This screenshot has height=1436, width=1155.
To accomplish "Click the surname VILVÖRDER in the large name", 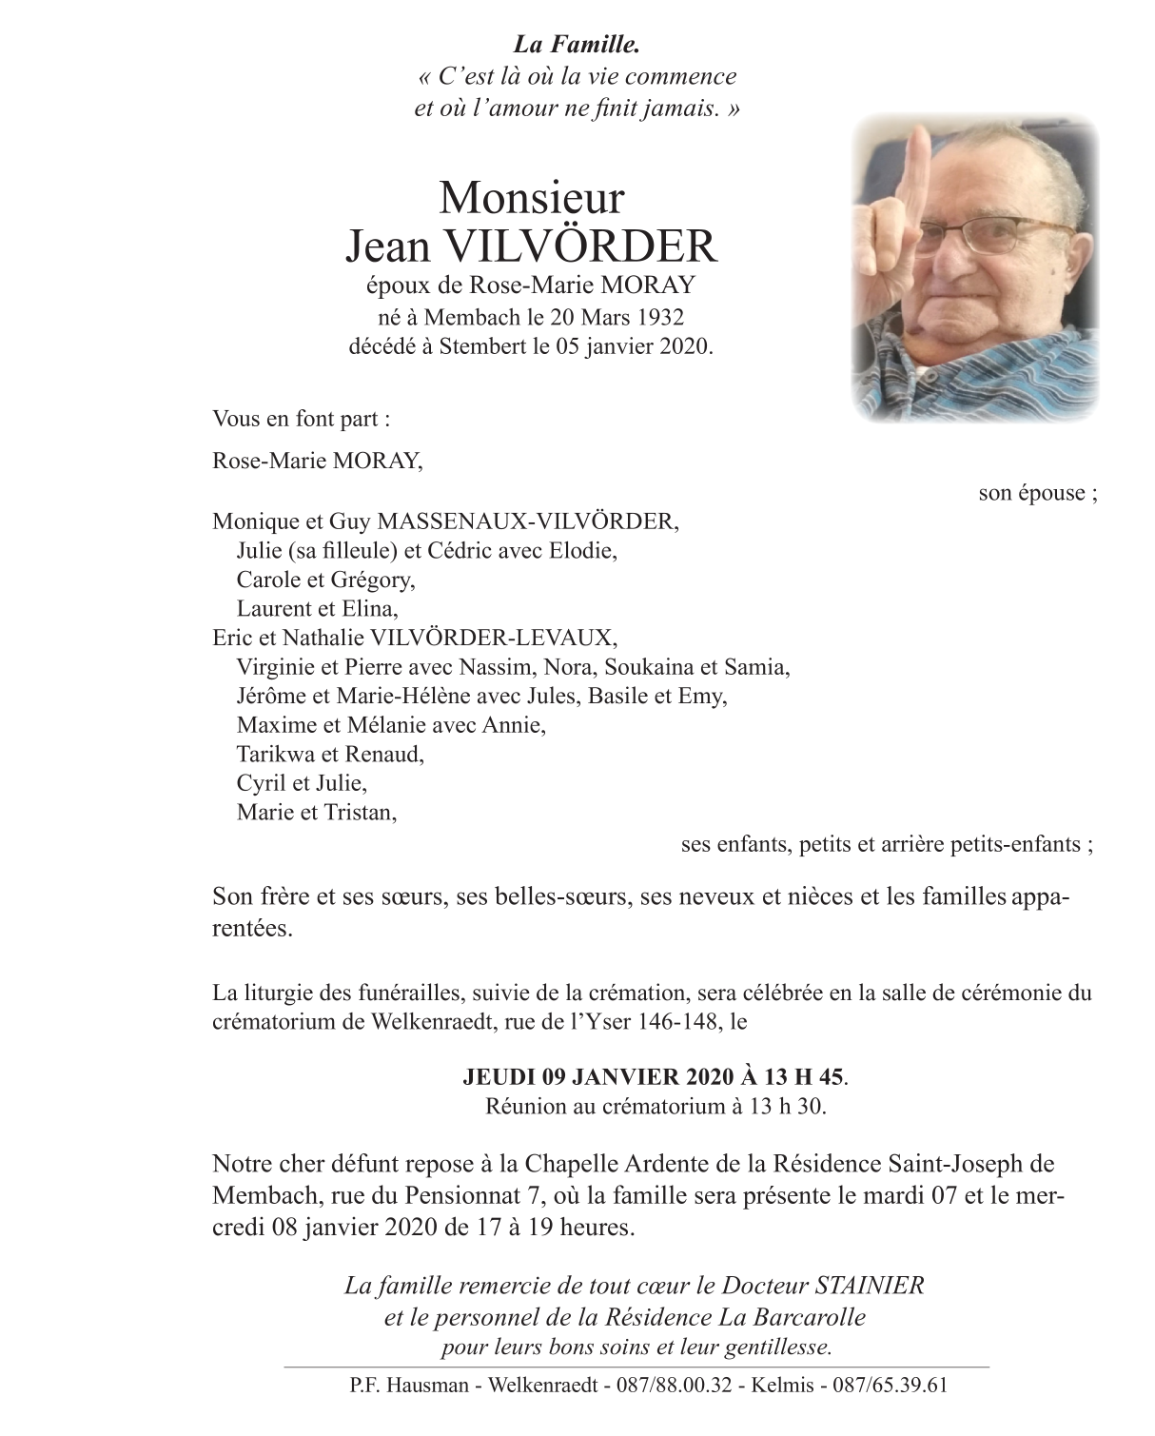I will coord(580,246).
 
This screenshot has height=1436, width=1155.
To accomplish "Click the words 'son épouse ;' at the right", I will coord(1037,493).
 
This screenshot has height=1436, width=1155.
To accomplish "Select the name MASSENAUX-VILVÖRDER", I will coord(528,521).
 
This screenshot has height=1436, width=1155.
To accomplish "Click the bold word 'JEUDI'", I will coord(499,1078).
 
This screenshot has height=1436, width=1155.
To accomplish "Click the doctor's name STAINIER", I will coord(870,1286).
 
